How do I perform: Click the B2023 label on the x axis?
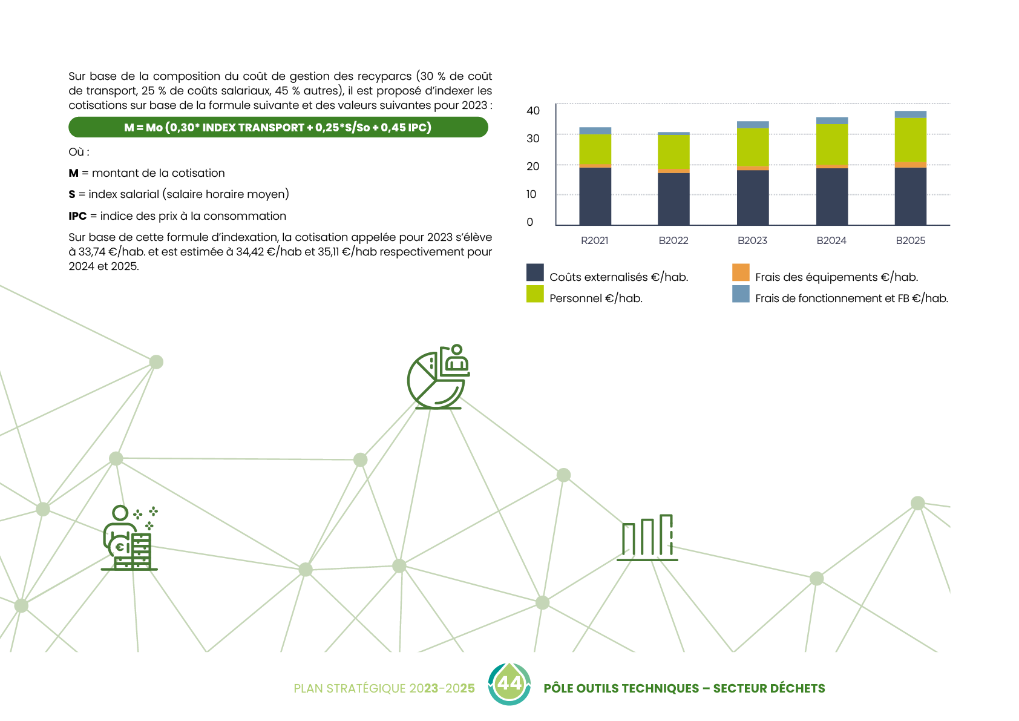pyautogui.click(x=752, y=240)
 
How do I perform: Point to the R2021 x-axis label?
pyautogui.click(x=594, y=240)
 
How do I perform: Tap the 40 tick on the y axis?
pyautogui.click(x=533, y=110)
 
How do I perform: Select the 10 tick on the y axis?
pyautogui.click(x=531, y=194)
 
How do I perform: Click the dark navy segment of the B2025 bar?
pyautogui.click(x=910, y=196)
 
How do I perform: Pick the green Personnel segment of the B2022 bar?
pyautogui.click(x=673, y=152)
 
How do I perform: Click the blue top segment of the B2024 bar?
pyautogui.click(x=832, y=120)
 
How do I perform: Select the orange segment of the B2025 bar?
pyautogui.click(x=910, y=165)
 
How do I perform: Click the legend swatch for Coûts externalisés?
pyautogui.click(x=535, y=272)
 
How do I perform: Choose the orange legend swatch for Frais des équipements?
pyautogui.click(x=741, y=272)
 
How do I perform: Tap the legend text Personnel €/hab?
pyautogui.click(x=595, y=298)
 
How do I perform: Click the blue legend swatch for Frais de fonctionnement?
pyautogui.click(x=741, y=294)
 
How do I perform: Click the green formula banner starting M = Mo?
pyautogui.click(x=278, y=127)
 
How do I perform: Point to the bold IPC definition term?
pyautogui.click(x=77, y=216)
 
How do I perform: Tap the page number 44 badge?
pyautogui.click(x=509, y=683)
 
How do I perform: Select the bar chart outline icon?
pyautogui.click(x=647, y=538)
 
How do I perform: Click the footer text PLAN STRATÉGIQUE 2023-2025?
pyautogui.click(x=384, y=688)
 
